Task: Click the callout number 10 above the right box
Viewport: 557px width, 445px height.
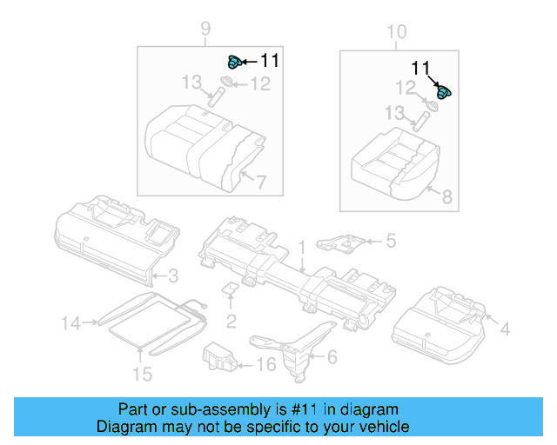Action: click(396, 32)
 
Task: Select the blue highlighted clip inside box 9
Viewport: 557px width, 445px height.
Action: click(233, 61)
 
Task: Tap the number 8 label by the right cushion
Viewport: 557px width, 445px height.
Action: click(447, 197)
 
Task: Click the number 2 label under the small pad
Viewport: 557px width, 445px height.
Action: click(231, 322)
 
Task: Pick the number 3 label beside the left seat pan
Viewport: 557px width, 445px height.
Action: click(173, 276)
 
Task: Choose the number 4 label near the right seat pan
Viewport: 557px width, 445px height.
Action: click(504, 329)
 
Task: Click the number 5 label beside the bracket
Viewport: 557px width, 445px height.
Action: click(391, 240)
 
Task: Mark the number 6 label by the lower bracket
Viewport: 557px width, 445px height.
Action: click(331, 356)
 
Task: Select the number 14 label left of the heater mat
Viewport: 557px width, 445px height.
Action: click(70, 323)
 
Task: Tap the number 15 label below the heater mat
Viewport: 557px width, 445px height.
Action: click(141, 374)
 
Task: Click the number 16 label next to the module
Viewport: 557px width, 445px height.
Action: click(266, 364)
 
